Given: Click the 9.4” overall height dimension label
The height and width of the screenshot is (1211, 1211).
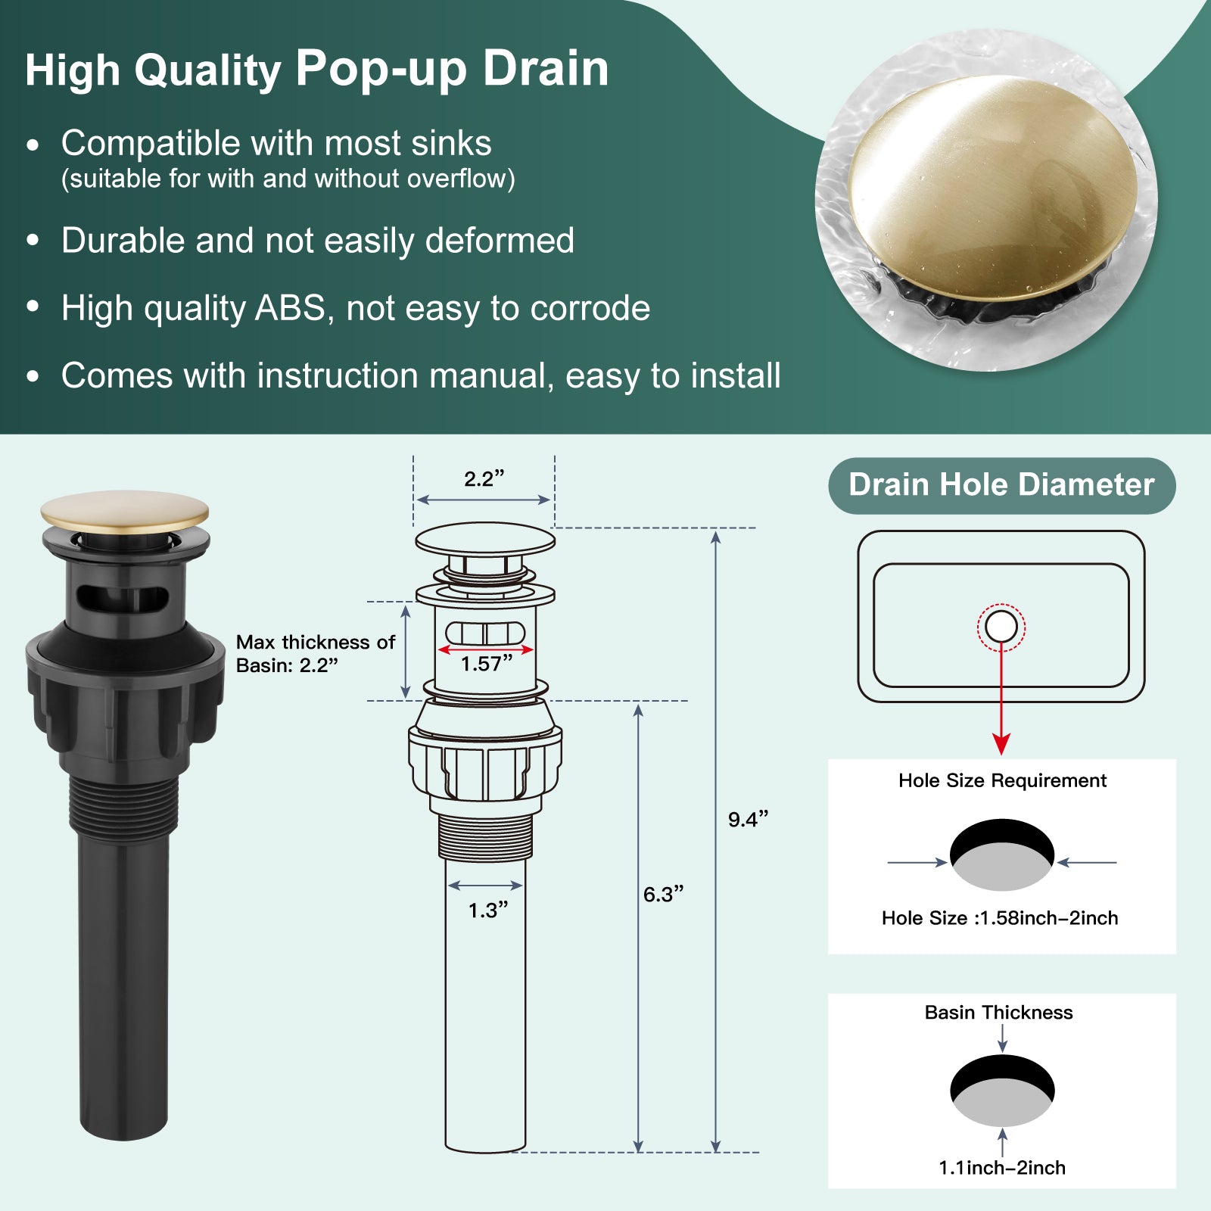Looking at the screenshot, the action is (x=748, y=819).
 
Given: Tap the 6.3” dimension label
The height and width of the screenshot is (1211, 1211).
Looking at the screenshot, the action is (x=663, y=894).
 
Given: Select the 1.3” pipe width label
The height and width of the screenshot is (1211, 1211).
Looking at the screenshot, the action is (x=488, y=910).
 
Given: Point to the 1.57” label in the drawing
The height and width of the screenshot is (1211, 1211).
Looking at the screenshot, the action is (x=487, y=664).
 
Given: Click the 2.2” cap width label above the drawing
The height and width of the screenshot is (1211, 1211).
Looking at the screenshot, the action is (x=484, y=478).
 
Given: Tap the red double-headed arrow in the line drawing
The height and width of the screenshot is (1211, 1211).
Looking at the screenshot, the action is (x=486, y=649).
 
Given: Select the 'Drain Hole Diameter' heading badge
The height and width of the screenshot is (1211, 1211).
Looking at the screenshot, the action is (x=1002, y=485).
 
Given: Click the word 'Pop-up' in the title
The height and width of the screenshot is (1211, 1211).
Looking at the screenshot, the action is (x=381, y=69).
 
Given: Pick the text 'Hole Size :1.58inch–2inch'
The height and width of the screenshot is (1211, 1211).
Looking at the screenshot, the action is (x=1000, y=918).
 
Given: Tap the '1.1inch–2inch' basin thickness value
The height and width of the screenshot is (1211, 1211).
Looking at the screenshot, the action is (x=1002, y=1168).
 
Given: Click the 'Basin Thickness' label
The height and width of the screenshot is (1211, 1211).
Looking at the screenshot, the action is (x=999, y=1013).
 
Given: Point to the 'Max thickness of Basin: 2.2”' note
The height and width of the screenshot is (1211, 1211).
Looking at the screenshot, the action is (x=315, y=653).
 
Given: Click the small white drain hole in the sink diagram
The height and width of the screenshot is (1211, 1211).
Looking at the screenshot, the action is (x=1001, y=627).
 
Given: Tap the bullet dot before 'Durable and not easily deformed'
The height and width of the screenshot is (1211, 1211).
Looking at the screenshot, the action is (x=33, y=241).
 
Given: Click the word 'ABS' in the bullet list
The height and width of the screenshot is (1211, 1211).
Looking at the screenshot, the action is (x=291, y=308).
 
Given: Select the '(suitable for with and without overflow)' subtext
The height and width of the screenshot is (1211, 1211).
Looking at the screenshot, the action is (x=288, y=179).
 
